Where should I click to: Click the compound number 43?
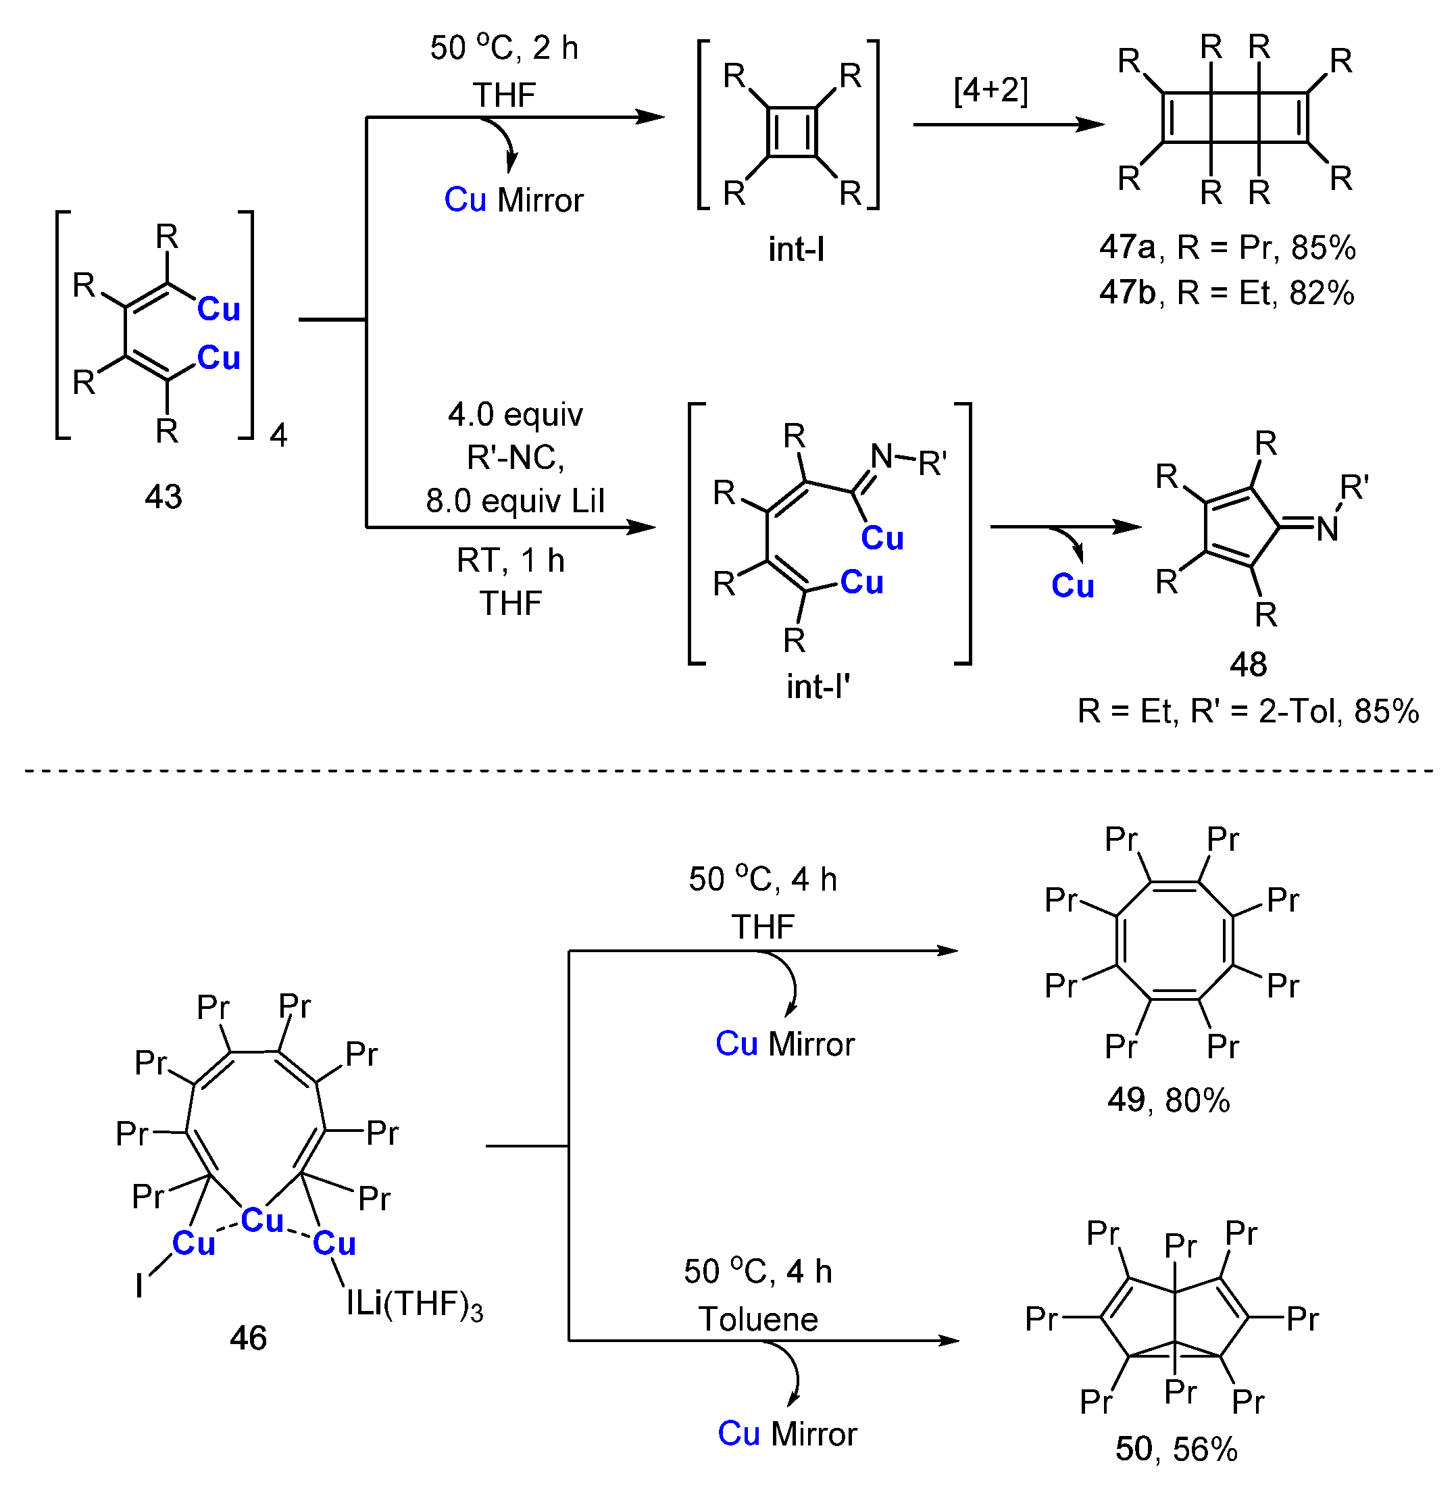click(164, 497)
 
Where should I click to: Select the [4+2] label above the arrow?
click(990, 91)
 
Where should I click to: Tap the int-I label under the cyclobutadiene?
click(796, 250)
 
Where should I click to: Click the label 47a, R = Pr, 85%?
click(1226, 248)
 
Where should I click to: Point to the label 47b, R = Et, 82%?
click(1226, 293)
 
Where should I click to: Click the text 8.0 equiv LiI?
click(515, 501)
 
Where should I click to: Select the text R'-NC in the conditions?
click(515, 458)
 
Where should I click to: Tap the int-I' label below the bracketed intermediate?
click(818, 687)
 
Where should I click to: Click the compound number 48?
click(1248, 664)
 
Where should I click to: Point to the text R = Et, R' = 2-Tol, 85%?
click(1248, 712)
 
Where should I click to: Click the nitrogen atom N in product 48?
click(1328, 528)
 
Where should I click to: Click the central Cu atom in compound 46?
click(262, 1220)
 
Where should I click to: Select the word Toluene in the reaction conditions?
click(758, 1319)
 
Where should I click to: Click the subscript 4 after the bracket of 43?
click(278, 436)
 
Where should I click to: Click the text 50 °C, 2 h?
click(504, 48)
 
